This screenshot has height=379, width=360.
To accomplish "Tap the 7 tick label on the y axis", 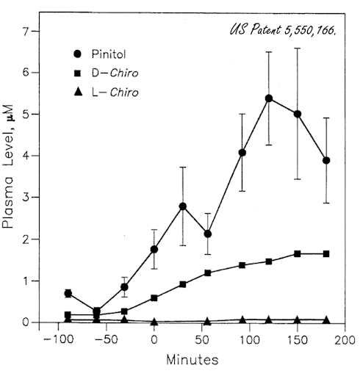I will coord(26,32).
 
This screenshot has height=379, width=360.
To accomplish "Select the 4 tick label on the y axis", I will coord(26,156).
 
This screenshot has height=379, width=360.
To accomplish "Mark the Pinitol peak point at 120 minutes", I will coord(269,98).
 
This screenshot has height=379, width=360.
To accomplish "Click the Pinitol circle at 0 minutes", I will coord(154,250).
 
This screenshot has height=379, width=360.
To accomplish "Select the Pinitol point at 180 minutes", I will coord(326,160).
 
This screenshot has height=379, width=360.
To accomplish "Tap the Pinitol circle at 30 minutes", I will coord(183,206).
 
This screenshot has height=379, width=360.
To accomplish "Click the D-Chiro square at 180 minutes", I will coord(326,253).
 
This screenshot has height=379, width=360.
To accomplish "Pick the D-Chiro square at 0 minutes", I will coord(154,297).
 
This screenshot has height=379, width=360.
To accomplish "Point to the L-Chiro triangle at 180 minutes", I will coord(326,320).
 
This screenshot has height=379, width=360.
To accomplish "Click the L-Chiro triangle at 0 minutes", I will coord(154,322).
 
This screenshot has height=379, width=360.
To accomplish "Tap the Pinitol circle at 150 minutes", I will coord(298,114).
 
